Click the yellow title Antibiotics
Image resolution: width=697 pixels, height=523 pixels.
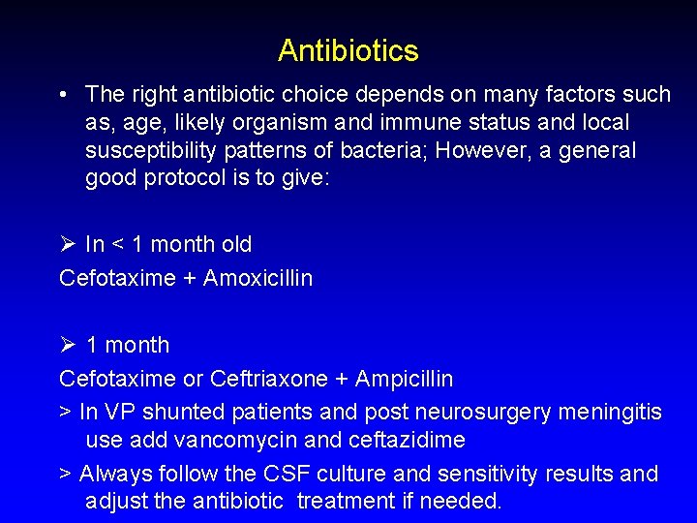click(348, 50)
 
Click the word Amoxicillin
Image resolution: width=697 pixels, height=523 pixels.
click(258, 278)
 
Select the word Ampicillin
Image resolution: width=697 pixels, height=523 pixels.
click(404, 378)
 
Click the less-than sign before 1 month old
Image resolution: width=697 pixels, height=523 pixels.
click(119, 245)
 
